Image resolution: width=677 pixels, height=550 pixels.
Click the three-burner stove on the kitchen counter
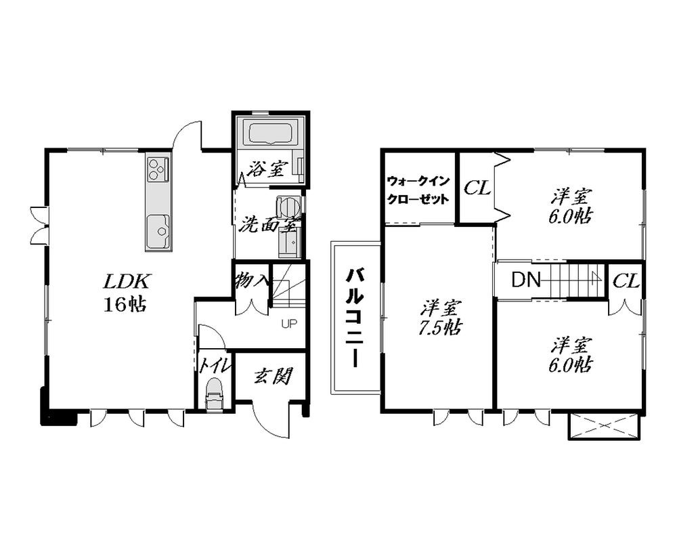point(157,168)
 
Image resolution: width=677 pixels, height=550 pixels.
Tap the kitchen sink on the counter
point(157,230)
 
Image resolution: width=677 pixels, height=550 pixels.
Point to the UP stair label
point(289,324)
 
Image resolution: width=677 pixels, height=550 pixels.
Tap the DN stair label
point(526,279)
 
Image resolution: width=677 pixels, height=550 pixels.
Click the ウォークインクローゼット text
point(418,190)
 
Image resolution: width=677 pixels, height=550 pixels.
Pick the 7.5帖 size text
point(441,328)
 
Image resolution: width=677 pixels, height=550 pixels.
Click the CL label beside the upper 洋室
point(477,188)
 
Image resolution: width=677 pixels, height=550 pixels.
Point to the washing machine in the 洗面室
point(287,207)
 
